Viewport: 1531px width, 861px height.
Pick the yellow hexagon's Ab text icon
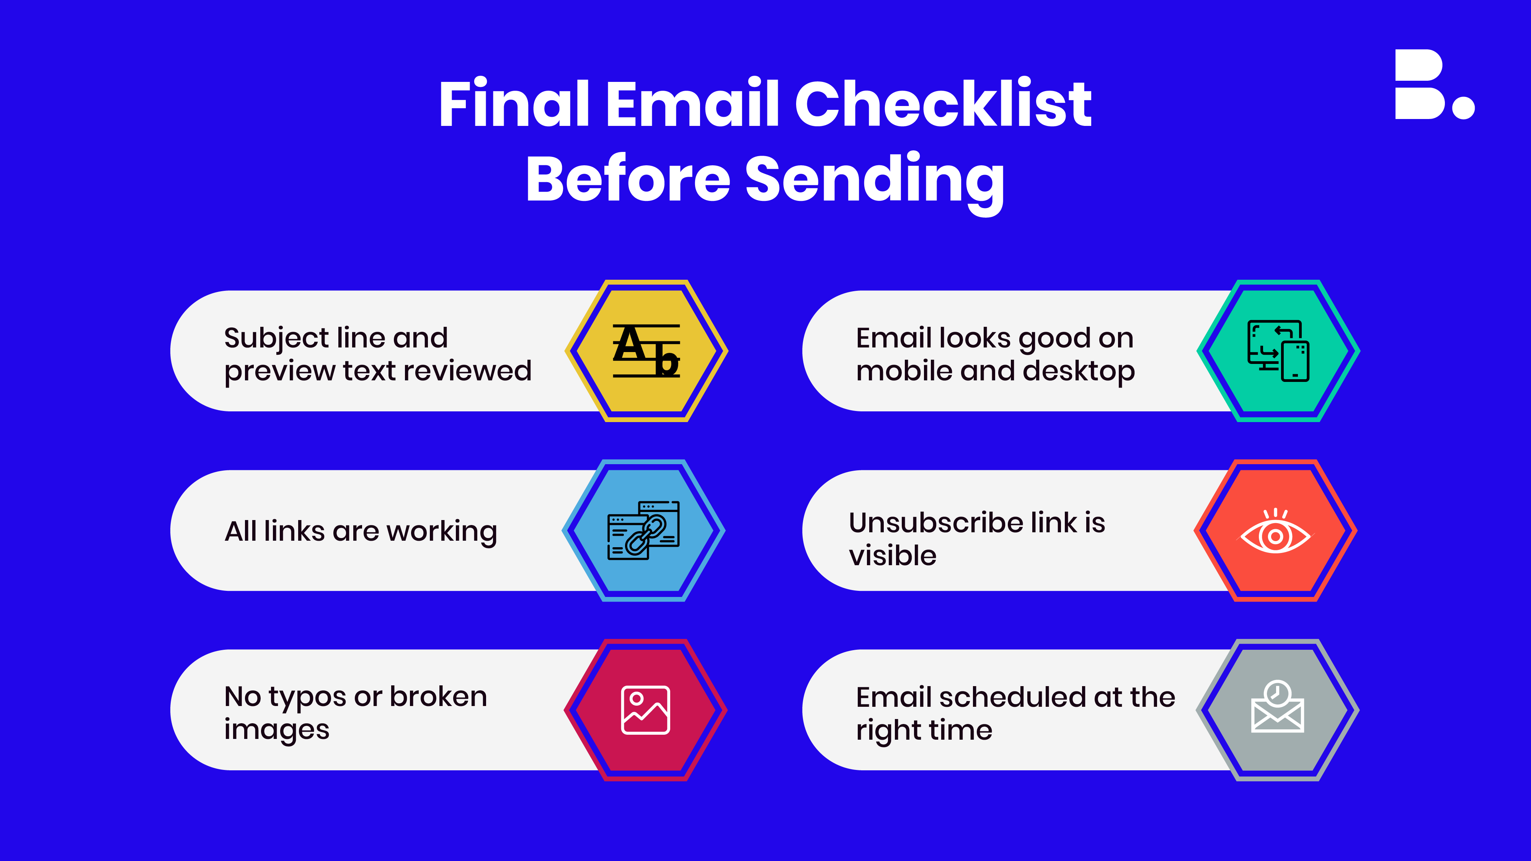coord(646,351)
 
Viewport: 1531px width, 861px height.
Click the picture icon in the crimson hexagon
coord(645,710)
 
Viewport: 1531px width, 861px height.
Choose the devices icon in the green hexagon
coord(1278,351)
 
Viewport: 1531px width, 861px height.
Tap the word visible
coord(893,556)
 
